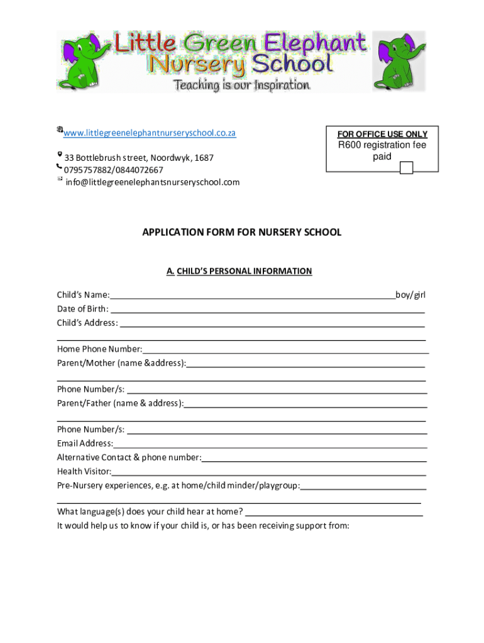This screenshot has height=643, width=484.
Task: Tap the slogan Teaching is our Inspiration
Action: click(x=241, y=85)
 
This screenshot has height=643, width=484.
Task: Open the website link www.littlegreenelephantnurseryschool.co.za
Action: click(x=150, y=133)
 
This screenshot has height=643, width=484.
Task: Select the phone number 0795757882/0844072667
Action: click(x=114, y=170)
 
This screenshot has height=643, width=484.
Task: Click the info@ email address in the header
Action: click(x=153, y=182)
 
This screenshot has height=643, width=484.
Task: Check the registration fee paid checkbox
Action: click(x=406, y=168)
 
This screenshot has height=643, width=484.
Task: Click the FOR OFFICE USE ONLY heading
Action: click(x=382, y=134)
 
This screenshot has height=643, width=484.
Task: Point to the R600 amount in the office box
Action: click(x=349, y=145)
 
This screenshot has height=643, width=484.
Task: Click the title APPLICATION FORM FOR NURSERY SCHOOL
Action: click(x=242, y=232)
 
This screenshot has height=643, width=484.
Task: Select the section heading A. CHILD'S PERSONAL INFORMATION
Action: click(x=239, y=271)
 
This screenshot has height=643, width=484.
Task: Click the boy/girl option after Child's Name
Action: click(x=410, y=294)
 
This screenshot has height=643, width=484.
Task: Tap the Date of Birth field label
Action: click(x=82, y=308)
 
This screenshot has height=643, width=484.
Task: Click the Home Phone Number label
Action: click(x=99, y=349)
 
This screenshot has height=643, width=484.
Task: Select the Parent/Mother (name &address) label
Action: click(x=121, y=363)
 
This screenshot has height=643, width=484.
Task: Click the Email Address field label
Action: click(x=85, y=443)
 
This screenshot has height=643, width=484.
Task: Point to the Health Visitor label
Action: click(x=84, y=471)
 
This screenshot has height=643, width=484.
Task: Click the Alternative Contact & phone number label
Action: click(x=129, y=457)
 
